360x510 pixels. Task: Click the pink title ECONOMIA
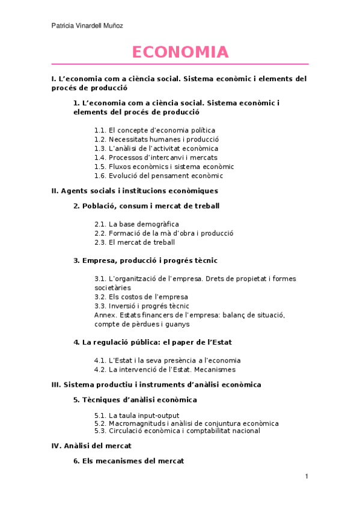coord(180,52)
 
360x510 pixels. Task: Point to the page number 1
coord(307,477)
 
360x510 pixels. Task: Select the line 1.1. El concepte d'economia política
coord(154,130)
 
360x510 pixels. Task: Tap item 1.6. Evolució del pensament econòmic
coord(159,176)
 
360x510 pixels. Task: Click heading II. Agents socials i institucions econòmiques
coord(135,191)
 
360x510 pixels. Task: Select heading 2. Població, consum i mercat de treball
coord(146,206)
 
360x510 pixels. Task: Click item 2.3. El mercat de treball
coord(135,242)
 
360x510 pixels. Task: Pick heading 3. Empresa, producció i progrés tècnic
coord(145,260)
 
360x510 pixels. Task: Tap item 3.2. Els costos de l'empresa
coord(141,296)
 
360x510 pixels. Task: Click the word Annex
coord(104,315)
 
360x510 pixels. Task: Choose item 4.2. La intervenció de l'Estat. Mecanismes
coord(165,369)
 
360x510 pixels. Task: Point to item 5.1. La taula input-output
coord(136,416)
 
